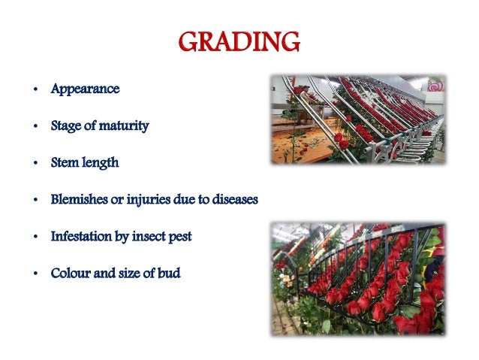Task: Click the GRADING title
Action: point(239,41)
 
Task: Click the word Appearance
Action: point(85,89)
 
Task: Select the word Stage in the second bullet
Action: point(65,126)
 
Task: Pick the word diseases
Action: point(231,199)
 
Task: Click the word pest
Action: point(181,236)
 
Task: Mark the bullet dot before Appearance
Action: point(35,89)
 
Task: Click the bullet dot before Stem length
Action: point(35,163)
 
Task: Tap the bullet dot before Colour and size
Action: point(35,274)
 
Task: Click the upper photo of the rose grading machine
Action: point(357,119)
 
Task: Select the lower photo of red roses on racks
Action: point(357,277)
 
